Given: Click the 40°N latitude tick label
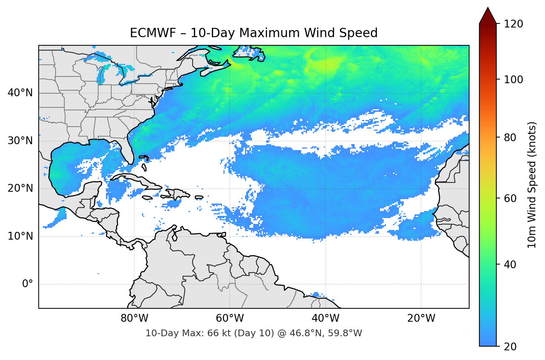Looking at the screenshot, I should pos(20,93).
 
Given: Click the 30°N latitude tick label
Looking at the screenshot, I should pos(20,141).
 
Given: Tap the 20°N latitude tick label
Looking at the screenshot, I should pos(20,188).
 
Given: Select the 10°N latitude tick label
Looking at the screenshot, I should pos(20,236).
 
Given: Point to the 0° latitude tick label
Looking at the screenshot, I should pos(28,284).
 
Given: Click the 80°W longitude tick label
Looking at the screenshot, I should pos(135,318).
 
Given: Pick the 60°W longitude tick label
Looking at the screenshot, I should pos(230,318).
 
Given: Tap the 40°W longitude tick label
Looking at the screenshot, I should pos(326,318).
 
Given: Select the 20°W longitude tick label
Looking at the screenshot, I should pos(421,318).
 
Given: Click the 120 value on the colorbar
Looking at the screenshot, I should pos(513,24).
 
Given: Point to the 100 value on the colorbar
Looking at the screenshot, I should pos(513,80).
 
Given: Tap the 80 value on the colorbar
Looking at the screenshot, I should pos(510,138).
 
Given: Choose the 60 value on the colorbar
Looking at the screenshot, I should pos(510,199).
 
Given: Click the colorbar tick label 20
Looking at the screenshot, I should pos(510,347).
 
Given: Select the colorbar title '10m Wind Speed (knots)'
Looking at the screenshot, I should pos(532,185).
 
